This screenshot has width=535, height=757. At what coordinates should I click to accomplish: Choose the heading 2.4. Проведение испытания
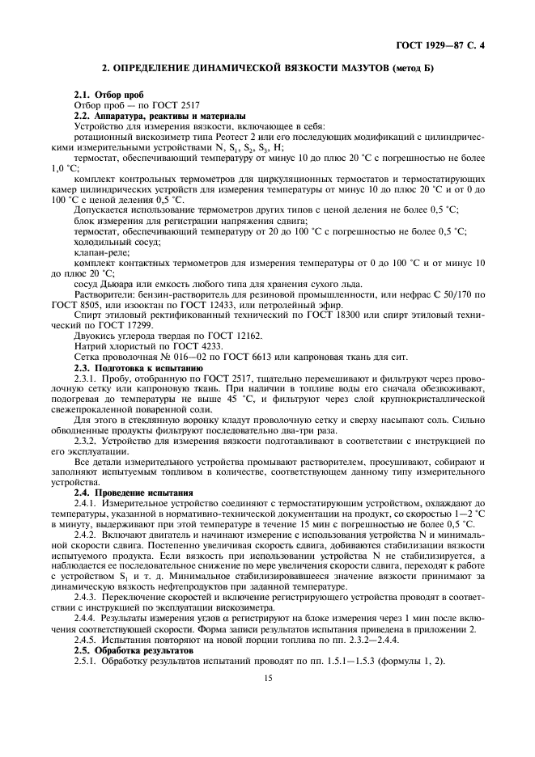[121, 492]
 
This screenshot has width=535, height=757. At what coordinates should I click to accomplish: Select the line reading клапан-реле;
[96, 252]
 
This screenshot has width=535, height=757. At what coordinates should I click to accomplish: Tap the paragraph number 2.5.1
[86, 661]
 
